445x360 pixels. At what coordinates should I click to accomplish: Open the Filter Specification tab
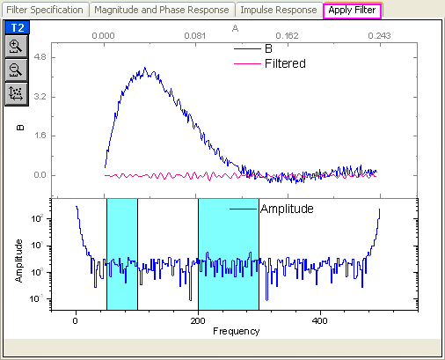(x=45, y=10)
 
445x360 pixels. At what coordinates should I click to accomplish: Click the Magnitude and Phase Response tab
(x=162, y=10)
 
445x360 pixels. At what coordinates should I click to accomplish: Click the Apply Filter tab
(x=352, y=10)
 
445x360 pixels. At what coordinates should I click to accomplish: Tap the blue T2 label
(x=17, y=27)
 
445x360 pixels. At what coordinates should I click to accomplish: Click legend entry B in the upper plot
(x=268, y=49)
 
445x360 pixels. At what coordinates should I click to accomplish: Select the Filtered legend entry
(x=284, y=64)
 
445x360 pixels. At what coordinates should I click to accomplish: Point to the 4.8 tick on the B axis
(x=40, y=57)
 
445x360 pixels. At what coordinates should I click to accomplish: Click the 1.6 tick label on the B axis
(x=40, y=136)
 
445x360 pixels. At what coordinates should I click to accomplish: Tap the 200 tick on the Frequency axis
(x=198, y=321)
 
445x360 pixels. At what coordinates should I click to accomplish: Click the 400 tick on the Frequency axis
(x=320, y=321)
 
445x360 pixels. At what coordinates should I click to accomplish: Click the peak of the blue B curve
(x=150, y=70)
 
